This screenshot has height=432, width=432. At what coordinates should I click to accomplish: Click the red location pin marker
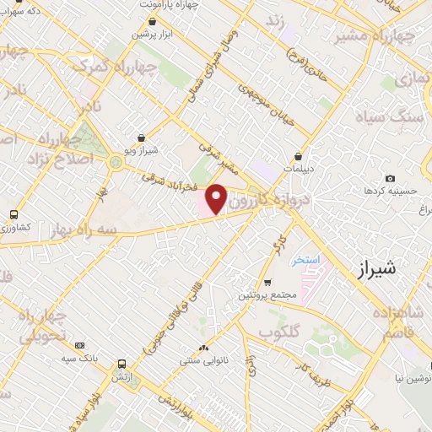(217, 198)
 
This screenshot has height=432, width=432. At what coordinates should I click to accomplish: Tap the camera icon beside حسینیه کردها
(389, 178)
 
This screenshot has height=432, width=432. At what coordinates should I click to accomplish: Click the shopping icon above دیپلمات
(299, 156)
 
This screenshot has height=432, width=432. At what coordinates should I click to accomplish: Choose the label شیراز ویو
(141, 150)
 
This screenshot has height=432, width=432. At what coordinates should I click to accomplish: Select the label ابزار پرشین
(151, 35)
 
